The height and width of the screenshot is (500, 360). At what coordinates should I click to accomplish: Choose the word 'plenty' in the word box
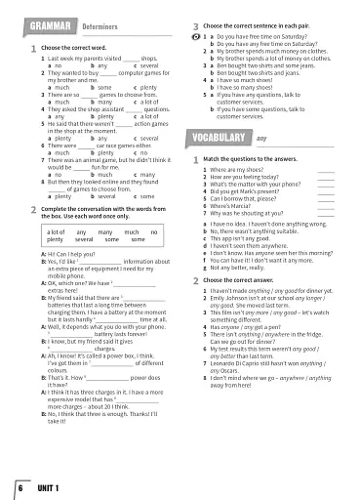57,238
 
